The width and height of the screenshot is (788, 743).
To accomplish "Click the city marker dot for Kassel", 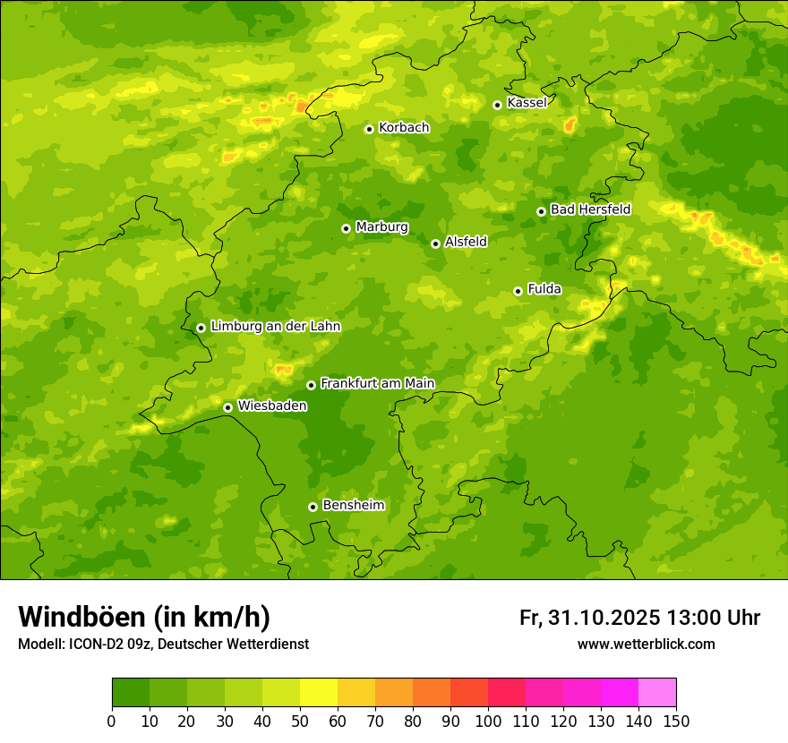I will point(497,105).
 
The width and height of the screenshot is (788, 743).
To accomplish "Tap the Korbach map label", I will point(404,128).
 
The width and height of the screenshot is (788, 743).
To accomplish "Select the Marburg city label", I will point(381,227).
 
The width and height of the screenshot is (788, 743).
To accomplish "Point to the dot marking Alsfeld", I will point(435,243).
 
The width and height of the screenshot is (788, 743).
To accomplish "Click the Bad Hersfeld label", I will point(590,210).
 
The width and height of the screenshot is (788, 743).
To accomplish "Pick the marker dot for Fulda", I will point(518,291).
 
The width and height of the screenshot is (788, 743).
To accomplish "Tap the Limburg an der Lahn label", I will point(276,327).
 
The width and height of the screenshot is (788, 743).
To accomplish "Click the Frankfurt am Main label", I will point(377,384).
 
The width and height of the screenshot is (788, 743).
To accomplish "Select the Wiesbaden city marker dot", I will point(228,407).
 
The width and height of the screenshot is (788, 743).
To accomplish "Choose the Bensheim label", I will point(353,506).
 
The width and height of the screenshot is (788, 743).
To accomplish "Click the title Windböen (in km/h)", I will point(144,617).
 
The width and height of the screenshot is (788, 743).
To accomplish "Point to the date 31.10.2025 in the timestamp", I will point(604,618).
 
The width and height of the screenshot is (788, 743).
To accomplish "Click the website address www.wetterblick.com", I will point(646,644).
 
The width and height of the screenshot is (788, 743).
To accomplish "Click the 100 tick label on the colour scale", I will point(488,721).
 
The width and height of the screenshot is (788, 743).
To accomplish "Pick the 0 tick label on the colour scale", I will point(112,721).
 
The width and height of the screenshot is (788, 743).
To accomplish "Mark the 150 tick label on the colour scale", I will point(676,721).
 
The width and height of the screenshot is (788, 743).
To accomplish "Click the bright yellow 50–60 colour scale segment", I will point(319,693).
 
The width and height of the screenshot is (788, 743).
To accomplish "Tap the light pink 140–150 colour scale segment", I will point(657,693).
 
